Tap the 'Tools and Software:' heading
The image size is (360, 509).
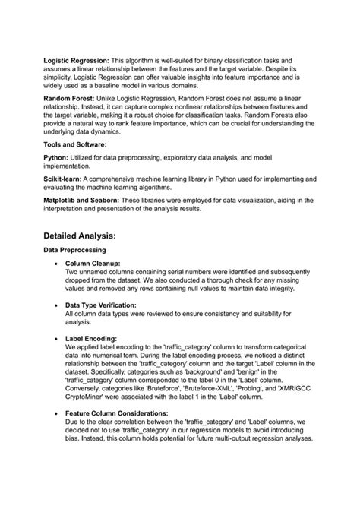pyautogui.click(x=75, y=144)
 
